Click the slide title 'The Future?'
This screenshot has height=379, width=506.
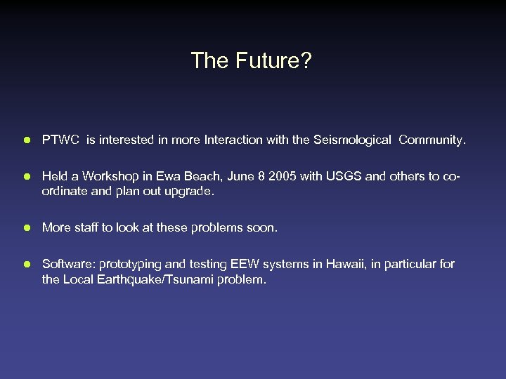(x=252, y=61)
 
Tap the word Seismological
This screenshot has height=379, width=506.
(x=356, y=140)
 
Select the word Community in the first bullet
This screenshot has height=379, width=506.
(x=431, y=140)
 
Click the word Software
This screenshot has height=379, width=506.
(x=68, y=264)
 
